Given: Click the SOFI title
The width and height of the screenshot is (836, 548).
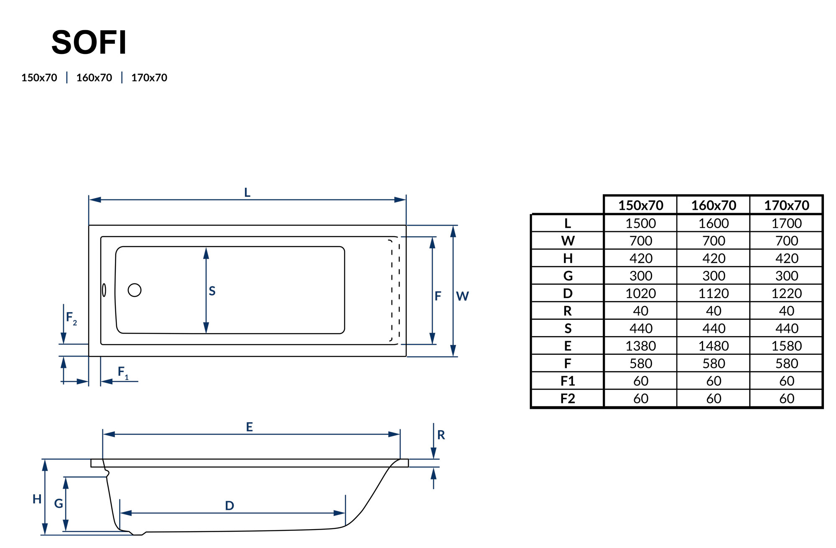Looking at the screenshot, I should tap(89, 42).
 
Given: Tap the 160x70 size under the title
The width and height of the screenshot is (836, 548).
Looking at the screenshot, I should tap(94, 78).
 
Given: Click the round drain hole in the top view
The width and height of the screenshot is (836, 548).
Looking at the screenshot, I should tap(135, 290).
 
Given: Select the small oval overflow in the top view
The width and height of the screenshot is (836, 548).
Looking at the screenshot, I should tap(104, 290).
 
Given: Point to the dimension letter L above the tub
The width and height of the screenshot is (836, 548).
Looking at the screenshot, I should tap(247, 193).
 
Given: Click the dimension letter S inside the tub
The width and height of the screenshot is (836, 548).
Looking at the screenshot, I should tap(212, 291).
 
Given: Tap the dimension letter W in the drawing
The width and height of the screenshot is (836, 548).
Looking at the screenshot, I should tap(462, 296).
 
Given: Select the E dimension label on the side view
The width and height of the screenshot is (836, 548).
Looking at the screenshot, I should tap(249, 427).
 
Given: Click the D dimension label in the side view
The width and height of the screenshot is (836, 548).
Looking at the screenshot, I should tap(229, 506).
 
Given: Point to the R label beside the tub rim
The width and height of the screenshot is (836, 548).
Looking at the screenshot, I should tap(441, 435).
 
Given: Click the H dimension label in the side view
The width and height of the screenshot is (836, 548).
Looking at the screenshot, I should tap(37, 499).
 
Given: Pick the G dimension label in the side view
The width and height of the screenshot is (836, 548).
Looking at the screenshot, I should tap(59, 503).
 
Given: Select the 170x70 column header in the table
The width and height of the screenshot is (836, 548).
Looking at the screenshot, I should tap(787, 205).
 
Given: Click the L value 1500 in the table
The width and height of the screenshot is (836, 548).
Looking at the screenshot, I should tap(640, 223).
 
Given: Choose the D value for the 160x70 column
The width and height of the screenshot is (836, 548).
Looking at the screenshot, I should tap(714, 293).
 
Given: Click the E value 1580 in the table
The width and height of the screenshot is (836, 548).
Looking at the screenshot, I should tap(787, 346).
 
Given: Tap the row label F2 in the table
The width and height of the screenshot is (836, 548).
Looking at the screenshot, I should tap(568, 399).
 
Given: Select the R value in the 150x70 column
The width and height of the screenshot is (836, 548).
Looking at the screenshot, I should tap(640, 311).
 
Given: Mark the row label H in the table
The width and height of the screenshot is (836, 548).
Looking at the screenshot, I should tap(568, 258).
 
